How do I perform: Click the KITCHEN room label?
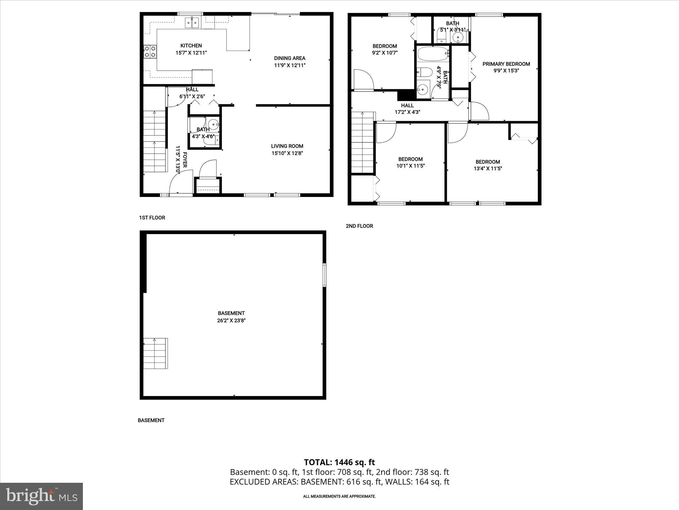[191, 46]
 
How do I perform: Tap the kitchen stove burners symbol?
[150, 52]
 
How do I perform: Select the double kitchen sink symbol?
[192, 23]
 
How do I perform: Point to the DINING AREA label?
[289, 58]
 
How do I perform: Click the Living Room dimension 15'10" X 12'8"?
[287, 153]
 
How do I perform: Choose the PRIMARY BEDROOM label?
[506, 64]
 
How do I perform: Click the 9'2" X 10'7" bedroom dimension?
[385, 53]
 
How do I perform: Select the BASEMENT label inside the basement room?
[231, 313]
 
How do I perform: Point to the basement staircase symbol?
[155, 353]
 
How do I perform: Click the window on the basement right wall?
[324, 275]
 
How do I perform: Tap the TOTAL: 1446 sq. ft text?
[339, 462]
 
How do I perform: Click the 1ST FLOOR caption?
[152, 218]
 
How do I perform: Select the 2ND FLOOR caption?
[359, 226]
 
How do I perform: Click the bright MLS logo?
[41, 496]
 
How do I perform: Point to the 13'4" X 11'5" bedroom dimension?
[488, 169]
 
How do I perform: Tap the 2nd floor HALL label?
[407, 106]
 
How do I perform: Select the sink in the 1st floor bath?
[214, 125]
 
